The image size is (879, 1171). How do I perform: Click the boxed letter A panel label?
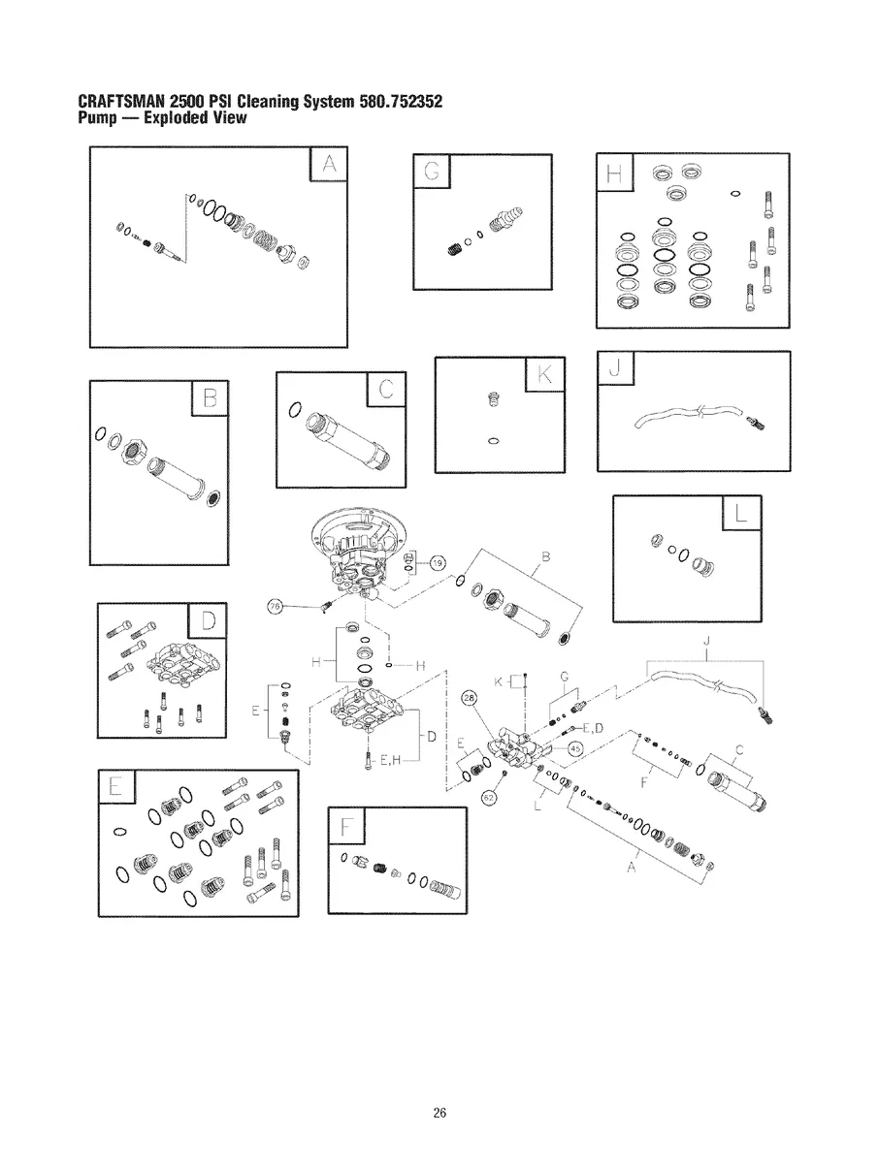(329, 167)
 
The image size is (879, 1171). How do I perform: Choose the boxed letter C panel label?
(387, 391)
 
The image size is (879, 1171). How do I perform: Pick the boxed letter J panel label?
(616, 369)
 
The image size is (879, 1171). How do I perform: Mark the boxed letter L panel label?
(742, 514)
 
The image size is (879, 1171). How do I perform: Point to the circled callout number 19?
(437, 563)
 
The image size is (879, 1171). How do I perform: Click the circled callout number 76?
(275, 607)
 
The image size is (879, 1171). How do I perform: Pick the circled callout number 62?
(489, 796)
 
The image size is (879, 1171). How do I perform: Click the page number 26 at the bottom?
(439, 1113)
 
